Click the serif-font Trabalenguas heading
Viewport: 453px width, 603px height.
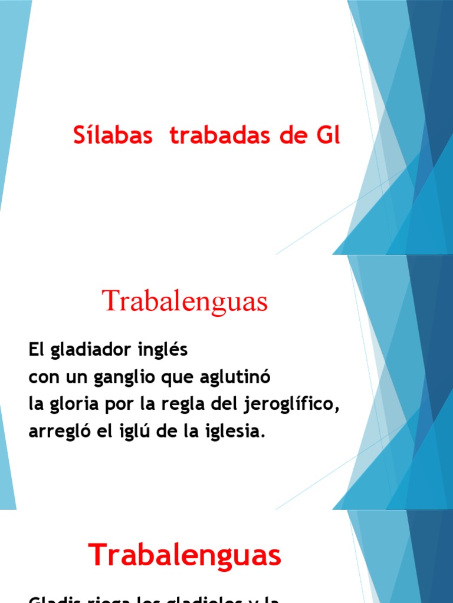[185, 302]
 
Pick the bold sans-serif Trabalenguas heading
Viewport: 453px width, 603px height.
[185, 555]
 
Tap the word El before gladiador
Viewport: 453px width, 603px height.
[37, 350]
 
